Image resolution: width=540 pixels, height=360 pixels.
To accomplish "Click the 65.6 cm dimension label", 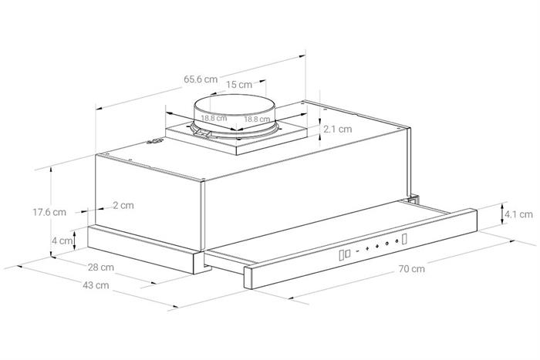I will coord(200,79).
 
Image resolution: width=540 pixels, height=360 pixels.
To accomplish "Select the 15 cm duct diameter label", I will coord(240,84).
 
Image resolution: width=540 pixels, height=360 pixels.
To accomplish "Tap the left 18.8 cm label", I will coord(214,119).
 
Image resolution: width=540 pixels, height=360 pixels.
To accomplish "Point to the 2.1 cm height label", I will coord(337,129).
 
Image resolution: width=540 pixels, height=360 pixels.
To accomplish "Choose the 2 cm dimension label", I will coord(123,205).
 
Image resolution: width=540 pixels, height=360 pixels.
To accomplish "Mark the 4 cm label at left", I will coord(61,241).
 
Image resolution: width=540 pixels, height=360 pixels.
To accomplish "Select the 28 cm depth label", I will coord(101,267).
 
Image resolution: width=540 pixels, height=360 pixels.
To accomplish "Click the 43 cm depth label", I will coord(95,285).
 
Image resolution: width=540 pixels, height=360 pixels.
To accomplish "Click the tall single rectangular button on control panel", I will coord(404,240).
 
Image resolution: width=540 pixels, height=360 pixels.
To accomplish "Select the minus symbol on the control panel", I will coord(356,251).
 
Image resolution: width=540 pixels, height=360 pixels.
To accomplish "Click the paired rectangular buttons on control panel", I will coord(346,253).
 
